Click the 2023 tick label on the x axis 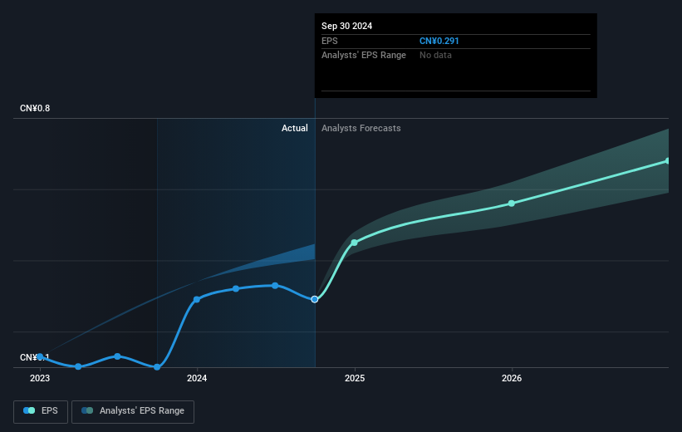[x=40, y=378]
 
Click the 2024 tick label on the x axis [x=197, y=378]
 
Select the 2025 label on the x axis [x=355, y=378]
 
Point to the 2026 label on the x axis [x=512, y=378]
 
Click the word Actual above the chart [x=294, y=128]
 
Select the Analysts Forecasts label [x=361, y=128]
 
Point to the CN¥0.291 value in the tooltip [x=439, y=40]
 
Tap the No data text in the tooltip [x=436, y=55]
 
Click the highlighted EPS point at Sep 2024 [x=315, y=299]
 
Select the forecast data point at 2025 [x=355, y=243]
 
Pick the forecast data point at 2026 [x=512, y=204]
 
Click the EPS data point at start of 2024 [x=197, y=299]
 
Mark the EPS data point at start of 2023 [x=40, y=356]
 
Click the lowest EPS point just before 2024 [x=157, y=366]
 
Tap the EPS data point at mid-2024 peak [x=275, y=286]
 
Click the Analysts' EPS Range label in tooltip [x=364, y=55]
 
